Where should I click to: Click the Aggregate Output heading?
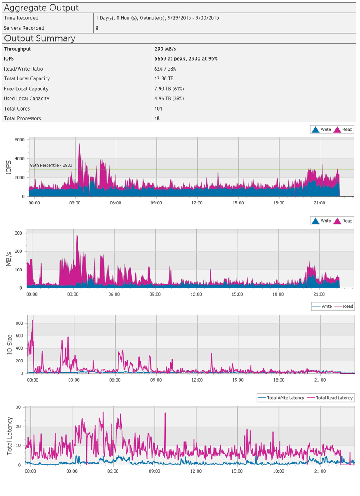pos(41,8)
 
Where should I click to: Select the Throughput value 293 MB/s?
pos(165,49)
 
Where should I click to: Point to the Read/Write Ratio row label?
pos(26,69)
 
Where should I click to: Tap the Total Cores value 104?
pos(158,109)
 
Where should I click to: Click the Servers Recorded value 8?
pos(97,28)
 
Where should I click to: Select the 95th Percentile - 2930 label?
pos(51,165)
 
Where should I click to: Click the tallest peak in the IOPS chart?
pos(80,144)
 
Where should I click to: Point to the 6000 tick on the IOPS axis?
pos(19,140)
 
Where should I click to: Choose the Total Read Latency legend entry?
pos(331,398)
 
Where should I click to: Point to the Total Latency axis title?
pos(10,435)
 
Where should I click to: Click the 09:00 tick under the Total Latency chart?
pos(154,471)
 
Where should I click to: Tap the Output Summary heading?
pos(39,38)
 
